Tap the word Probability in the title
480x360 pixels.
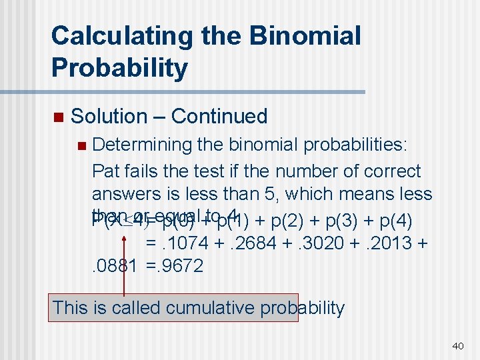coord(119,67)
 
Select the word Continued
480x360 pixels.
coord(219,116)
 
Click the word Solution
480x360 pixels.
coord(109,116)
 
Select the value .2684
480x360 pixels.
coord(251,243)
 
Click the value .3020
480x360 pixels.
coord(319,243)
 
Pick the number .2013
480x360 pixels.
coord(387,243)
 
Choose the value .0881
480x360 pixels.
coord(114,266)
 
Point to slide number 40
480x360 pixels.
coord(457,345)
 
